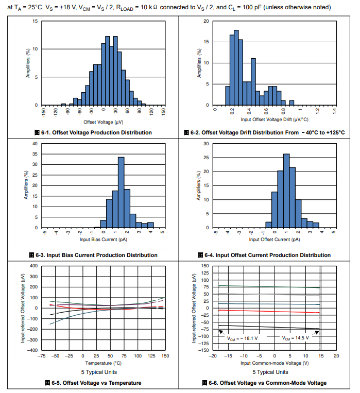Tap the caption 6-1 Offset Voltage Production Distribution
click(92, 133)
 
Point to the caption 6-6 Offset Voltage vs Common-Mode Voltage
click(265, 383)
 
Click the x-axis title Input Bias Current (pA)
click(103, 240)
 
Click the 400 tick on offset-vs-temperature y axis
click(34, 266)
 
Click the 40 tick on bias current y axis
click(35, 143)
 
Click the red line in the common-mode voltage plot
click(268, 311)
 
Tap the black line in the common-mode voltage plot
click(268, 327)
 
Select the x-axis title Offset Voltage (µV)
click(103, 122)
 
